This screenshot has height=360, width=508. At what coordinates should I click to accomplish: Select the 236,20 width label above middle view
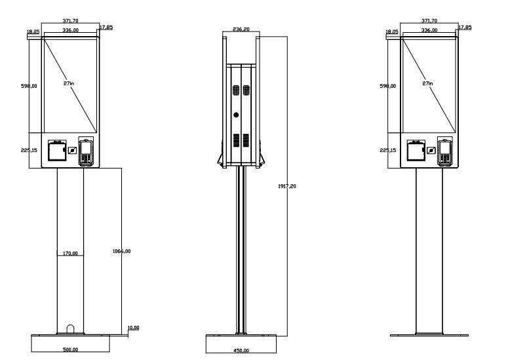tap(241, 29)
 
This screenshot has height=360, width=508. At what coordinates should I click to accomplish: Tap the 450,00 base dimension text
tap(241, 350)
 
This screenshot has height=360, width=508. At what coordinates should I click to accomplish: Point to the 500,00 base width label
tap(70, 350)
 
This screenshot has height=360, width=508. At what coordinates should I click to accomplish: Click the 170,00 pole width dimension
tap(70, 253)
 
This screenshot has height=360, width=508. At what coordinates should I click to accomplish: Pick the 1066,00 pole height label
tap(122, 252)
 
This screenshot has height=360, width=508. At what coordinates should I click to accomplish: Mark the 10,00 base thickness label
tap(132, 327)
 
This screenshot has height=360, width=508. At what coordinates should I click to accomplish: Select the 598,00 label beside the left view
tap(30, 86)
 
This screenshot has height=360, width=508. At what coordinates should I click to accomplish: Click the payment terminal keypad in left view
tap(85, 153)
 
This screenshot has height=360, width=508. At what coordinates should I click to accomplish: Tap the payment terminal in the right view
tap(445, 152)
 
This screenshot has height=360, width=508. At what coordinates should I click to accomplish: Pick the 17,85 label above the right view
tap(465, 27)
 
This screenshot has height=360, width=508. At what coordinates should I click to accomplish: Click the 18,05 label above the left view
tap(33, 31)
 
